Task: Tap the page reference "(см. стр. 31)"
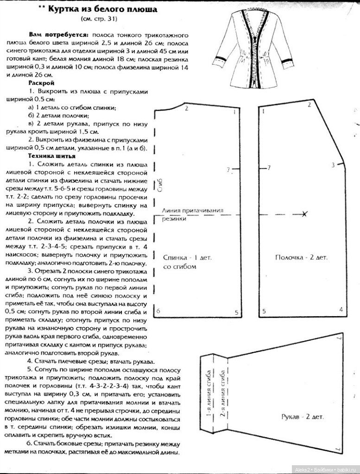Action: pyautogui.click(x=98, y=19)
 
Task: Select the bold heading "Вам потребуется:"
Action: pyautogui.click(x=59, y=35)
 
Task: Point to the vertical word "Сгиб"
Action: pyautogui.click(x=160, y=186)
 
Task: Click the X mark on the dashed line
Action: pyautogui.click(x=304, y=214)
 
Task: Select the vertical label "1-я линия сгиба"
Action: pyautogui.click(x=210, y=393)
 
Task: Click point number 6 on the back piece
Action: pyautogui.click(x=158, y=311)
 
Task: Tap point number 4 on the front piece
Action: pyautogui.click(x=341, y=309)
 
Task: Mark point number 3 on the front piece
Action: pyautogui.click(x=333, y=164)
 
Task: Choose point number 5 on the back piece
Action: pyautogui.click(x=236, y=312)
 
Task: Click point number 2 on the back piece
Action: pyautogui.click(x=186, y=108)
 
